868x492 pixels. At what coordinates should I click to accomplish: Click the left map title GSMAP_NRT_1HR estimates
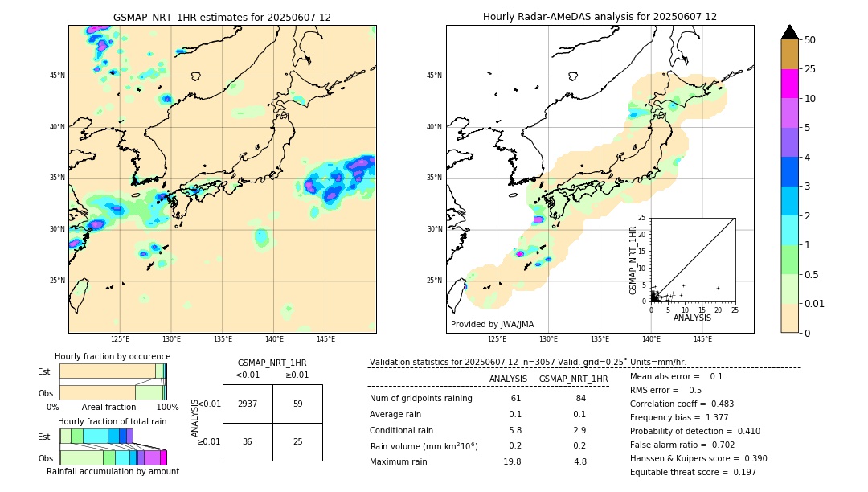point(222,17)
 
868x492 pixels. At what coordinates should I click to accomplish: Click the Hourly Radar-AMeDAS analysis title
point(600,17)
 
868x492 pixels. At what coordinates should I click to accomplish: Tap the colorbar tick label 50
point(810,40)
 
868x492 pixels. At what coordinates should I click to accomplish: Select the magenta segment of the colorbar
point(790,84)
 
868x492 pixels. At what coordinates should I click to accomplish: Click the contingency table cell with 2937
point(248,404)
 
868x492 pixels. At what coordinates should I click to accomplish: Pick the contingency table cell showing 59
point(297,404)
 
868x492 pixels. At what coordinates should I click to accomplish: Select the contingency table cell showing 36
point(248,441)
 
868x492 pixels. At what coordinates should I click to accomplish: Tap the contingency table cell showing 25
point(297,441)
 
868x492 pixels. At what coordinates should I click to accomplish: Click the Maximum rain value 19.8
point(512,461)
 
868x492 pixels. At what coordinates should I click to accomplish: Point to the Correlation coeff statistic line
point(682,404)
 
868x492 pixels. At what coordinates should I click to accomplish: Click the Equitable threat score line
point(693,472)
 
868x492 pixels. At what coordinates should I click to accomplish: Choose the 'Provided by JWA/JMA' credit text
point(492,324)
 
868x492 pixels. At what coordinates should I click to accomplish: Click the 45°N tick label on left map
point(57,76)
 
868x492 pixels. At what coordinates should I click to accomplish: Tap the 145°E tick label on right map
point(702,339)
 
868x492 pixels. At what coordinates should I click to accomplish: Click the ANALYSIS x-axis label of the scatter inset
point(692,318)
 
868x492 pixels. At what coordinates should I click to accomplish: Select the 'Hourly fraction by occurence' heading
point(113,356)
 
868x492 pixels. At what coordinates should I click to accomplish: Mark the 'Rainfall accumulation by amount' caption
point(113,471)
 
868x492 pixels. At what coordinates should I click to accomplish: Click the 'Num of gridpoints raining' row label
point(420,398)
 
